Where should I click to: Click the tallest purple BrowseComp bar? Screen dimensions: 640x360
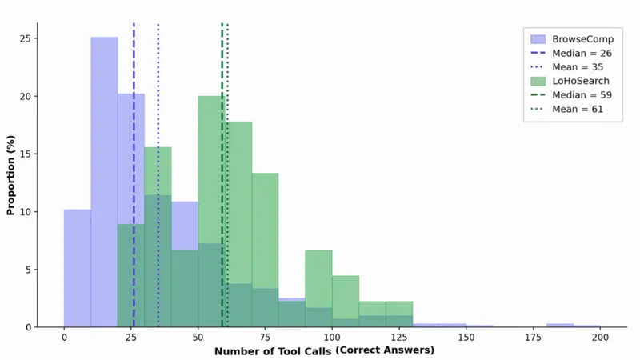[x=104, y=182]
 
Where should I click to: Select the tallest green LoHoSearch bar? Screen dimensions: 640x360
[x=211, y=211]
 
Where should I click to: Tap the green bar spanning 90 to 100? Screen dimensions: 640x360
[x=318, y=288]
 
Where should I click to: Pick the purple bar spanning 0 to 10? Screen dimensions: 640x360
[x=78, y=268]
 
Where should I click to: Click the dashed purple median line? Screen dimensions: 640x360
[x=134, y=174]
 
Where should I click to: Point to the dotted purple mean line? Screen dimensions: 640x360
[x=158, y=174]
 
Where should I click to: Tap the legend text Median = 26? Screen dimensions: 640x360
[x=582, y=53]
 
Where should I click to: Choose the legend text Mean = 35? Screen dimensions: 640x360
[x=578, y=67]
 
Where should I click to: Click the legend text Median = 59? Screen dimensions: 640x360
[x=582, y=95]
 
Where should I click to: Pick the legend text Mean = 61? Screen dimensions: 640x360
[x=578, y=109]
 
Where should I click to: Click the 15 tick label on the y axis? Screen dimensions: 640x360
[x=25, y=154]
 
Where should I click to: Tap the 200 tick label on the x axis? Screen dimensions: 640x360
[x=600, y=338]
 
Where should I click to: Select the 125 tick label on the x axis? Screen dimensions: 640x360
[x=399, y=338]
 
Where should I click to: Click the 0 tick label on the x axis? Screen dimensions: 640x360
[x=64, y=338]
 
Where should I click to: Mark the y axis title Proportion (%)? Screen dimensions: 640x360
[x=10, y=175]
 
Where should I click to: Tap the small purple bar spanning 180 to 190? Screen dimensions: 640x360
[x=560, y=326]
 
